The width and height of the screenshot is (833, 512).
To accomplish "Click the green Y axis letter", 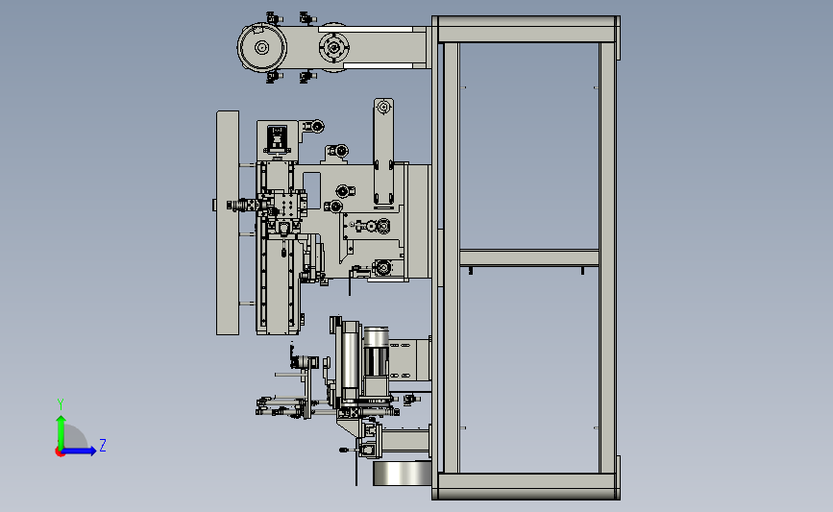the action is (61, 404).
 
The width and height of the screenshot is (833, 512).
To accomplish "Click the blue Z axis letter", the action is (103, 445).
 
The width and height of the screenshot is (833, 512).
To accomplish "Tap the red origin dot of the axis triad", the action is (60, 452).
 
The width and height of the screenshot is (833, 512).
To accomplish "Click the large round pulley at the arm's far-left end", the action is (261, 47).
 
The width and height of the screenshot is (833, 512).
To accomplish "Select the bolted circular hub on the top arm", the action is (333, 48).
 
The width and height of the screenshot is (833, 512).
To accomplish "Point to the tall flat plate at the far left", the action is (228, 223).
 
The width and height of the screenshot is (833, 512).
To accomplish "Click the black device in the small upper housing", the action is (277, 137).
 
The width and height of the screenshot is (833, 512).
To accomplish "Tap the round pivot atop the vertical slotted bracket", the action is (383, 108).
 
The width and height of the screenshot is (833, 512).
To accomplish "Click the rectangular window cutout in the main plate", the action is (312, 190).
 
